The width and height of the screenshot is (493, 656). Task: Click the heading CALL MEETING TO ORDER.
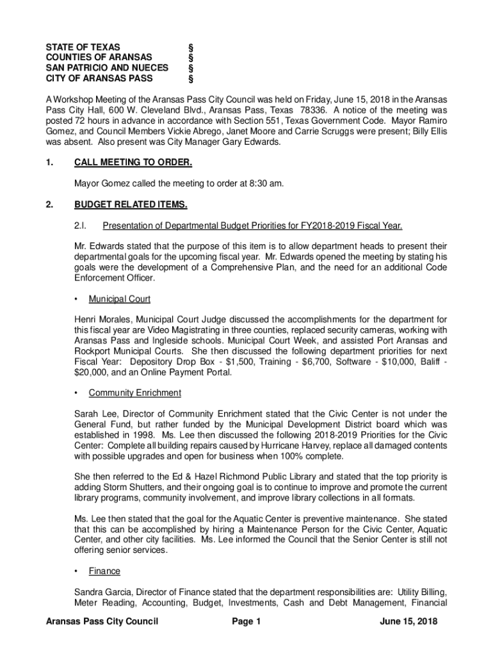[133, 163]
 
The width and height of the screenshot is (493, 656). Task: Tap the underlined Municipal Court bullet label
[120, 299]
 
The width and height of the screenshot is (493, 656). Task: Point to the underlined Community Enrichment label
[135, 393]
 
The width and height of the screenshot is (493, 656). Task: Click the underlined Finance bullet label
[104, 571]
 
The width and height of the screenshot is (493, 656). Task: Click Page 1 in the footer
[247, 621]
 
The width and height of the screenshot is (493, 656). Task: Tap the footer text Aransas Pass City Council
[97, 621]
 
